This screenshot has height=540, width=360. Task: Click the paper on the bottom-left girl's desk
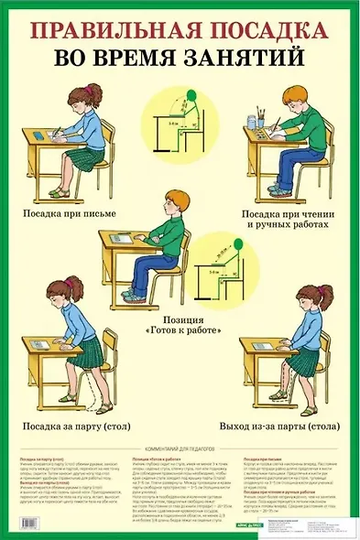43,345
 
